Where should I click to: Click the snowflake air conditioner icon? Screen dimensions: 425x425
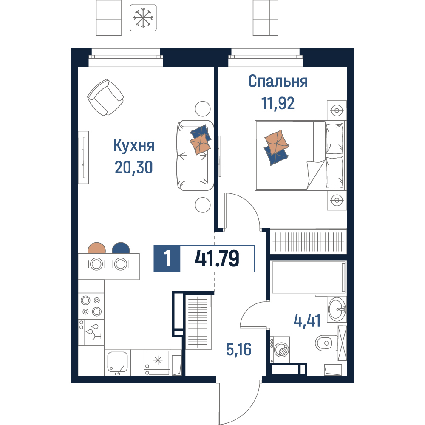click(x=143, y=17)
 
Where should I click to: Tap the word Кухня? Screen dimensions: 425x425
click(x=134, y=145)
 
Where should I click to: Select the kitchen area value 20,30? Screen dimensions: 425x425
click(x=133, y=167)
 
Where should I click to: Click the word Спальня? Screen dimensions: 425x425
click(x=278, y=81)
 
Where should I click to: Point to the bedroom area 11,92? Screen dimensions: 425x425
click(x=278, y=103)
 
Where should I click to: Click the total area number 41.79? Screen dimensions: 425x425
click(x=217, y=258)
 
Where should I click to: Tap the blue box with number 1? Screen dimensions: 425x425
click(x=167, y=258)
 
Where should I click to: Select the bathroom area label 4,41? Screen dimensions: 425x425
click(x=307, y=321)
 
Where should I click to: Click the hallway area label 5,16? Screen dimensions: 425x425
click(x=239, y=349)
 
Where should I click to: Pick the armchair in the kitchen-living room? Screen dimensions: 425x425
click(x=105, y=97)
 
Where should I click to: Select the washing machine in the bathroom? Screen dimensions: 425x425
click(x=280, y=349)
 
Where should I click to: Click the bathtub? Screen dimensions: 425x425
click(x=308, y=278)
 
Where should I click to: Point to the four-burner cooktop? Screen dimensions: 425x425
click(x=91, y=306)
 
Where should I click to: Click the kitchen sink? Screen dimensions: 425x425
click(x=117, y=363)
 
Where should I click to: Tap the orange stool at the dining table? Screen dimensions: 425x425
click(x=97, y=248)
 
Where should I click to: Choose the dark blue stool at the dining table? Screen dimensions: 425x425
click(x=121, y=248)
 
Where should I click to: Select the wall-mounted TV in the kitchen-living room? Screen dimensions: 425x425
click(x=84, y=157)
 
